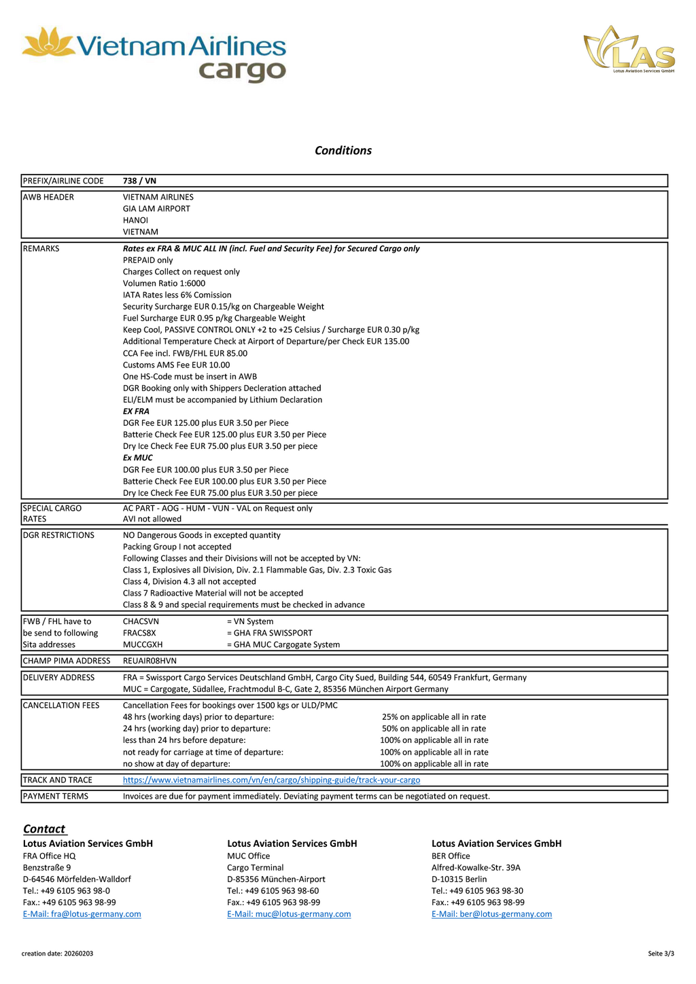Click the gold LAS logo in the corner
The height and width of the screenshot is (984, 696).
(629, 50)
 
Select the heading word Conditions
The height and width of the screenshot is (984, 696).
(343, 151)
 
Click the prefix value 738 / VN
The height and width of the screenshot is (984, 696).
(139, 181)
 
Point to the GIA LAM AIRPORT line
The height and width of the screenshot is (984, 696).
(156, 208)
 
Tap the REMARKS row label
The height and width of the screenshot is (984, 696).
(41, 249)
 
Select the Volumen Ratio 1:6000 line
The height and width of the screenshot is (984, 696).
(164, 283)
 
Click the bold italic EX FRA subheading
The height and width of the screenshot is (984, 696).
(136, 412)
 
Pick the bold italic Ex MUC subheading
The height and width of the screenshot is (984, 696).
(137, 458)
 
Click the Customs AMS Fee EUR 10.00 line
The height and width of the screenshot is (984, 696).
(176, 365)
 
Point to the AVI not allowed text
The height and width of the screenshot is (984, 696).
(152, 519)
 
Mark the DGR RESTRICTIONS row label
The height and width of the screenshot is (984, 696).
(58, 535)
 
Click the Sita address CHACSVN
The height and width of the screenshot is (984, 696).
(141, 621)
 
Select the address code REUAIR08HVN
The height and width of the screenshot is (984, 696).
(150, 661)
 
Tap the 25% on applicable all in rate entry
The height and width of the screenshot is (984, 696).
(434, 717)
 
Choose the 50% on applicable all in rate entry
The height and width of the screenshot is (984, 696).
(434, 729)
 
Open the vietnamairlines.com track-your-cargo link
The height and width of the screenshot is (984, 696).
(271, 780)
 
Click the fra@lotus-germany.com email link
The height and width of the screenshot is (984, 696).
(82, 914)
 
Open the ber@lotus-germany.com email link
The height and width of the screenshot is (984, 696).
(491, 914)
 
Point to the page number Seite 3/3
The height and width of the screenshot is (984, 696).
(661, 953)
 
